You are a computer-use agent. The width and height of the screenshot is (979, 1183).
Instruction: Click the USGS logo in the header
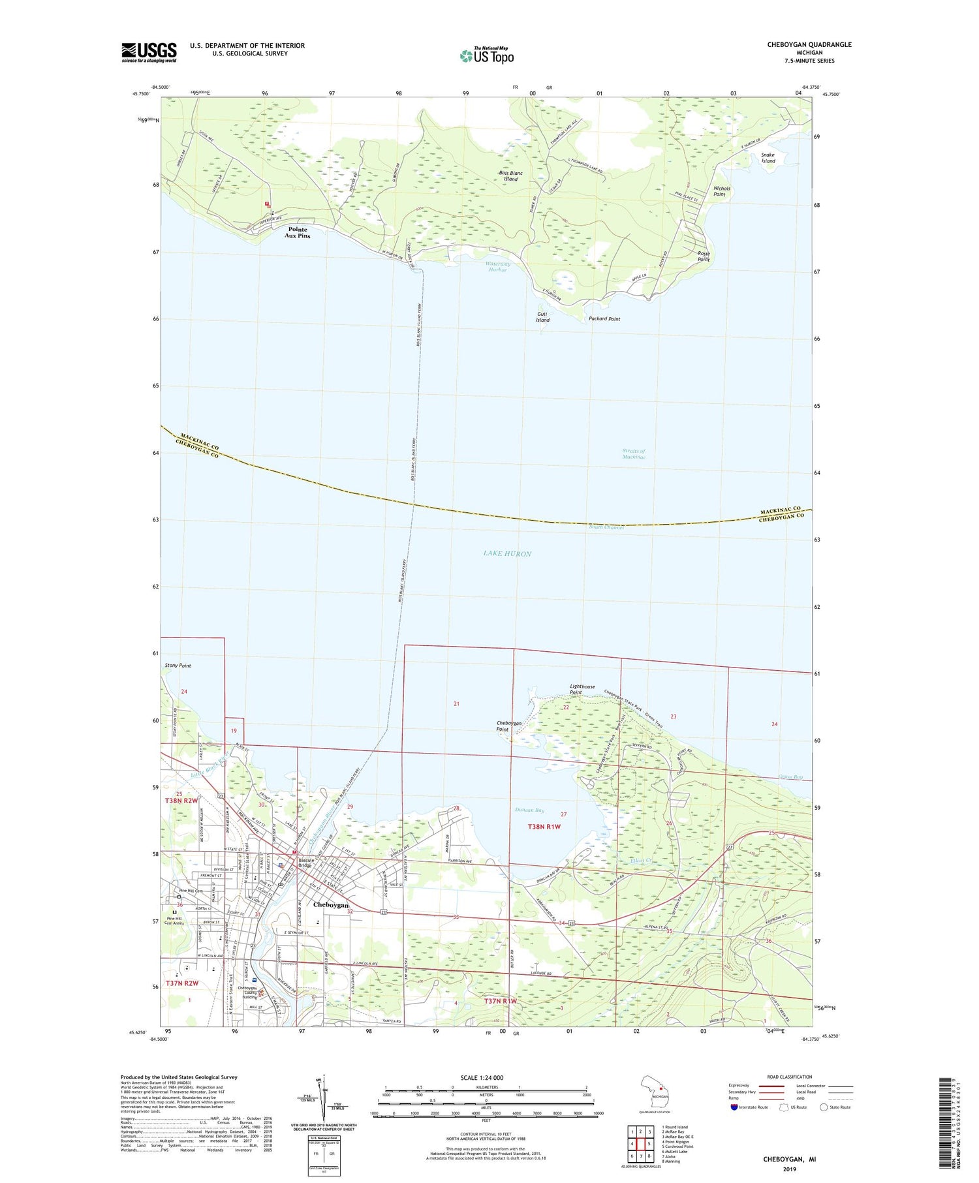[x=149, y=52]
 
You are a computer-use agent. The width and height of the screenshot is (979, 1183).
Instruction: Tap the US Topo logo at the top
[x=487, y=55]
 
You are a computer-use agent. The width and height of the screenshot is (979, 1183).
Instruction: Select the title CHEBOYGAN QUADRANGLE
[x=809, y=44]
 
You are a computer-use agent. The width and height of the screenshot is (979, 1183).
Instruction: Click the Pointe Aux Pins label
[x=297, y=232]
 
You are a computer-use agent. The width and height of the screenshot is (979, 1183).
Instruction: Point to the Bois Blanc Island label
[x=510, y=176]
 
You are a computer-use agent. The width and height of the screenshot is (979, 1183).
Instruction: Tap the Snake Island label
[x=768, y=158]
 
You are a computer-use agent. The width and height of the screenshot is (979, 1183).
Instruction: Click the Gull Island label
[x=542, y=317]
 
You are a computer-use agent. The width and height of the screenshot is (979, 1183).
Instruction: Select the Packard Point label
[x=604, y=319]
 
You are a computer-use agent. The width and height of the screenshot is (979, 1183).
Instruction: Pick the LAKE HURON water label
[x=507, y=553]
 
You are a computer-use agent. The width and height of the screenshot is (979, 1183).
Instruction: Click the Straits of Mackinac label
[x=633, y=454]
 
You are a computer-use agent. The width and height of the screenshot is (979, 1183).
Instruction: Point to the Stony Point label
[x=178, y=666]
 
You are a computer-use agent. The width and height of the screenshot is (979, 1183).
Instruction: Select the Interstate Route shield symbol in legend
[x=734, y=1107]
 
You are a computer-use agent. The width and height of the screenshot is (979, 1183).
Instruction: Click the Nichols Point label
[x=721, y=191]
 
